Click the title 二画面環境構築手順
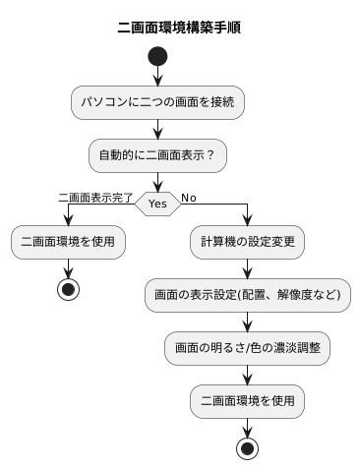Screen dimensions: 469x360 (179, 28)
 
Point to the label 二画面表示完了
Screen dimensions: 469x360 (95, 197)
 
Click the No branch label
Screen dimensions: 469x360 (189, 197)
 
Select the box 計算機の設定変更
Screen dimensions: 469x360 (248, 241)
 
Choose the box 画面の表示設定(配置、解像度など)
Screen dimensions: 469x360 (248, 294)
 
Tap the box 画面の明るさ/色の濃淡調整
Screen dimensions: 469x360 (248, 347)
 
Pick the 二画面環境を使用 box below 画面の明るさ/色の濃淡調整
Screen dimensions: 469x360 (248, 400)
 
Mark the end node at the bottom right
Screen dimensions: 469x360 (248, 448)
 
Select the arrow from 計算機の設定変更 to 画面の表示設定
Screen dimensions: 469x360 (248, 267)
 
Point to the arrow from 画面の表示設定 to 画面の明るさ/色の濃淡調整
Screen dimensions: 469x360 (248, 321)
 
